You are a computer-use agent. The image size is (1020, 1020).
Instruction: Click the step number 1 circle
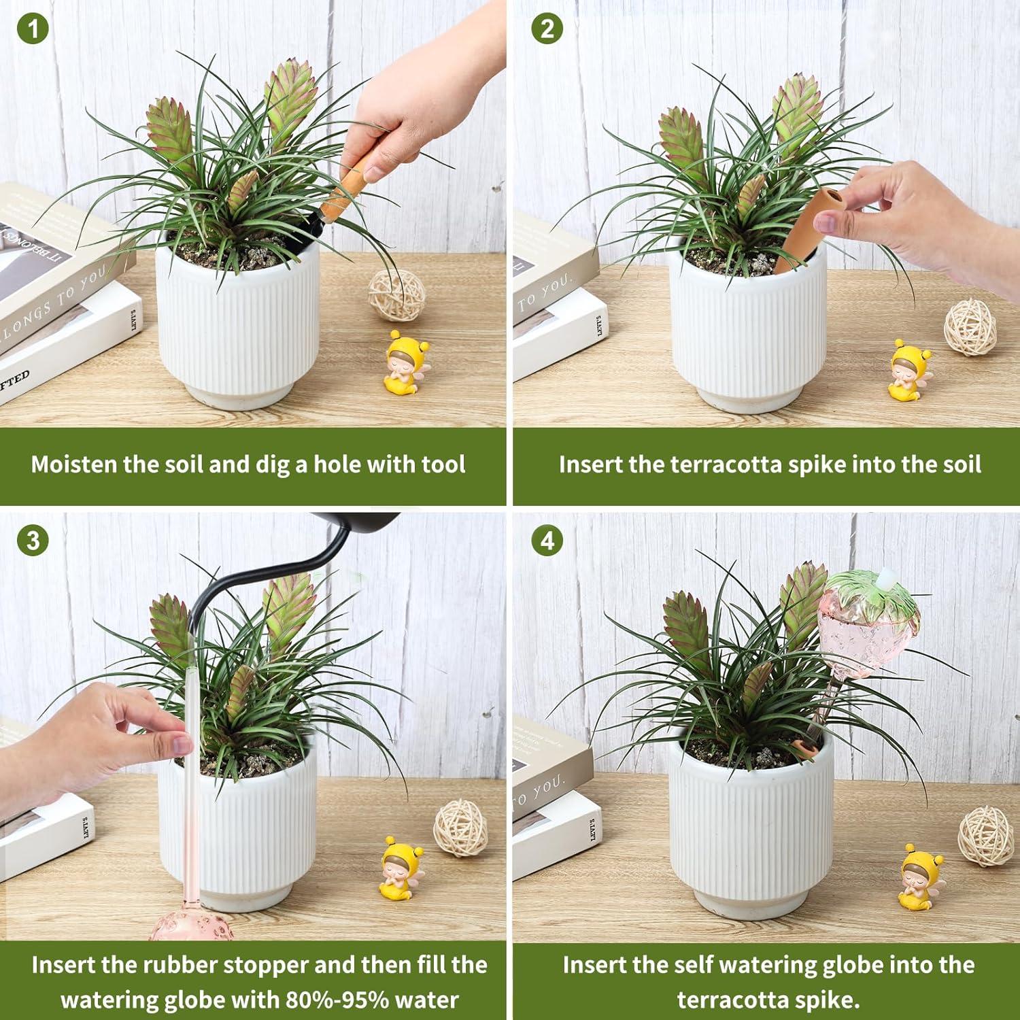click(32, 29)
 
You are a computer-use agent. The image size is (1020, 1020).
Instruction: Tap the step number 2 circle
click(547, 29)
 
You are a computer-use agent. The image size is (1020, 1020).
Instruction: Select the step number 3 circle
click(32, 541)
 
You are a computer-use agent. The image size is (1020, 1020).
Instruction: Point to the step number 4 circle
click(547, 541)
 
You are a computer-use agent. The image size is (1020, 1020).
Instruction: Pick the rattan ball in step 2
click(970, 327)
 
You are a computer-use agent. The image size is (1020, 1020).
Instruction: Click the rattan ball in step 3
click(460, 828)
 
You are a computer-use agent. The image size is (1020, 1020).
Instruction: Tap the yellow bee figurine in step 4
click(918, 877)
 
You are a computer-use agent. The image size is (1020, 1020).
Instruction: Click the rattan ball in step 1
click(397, 295)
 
